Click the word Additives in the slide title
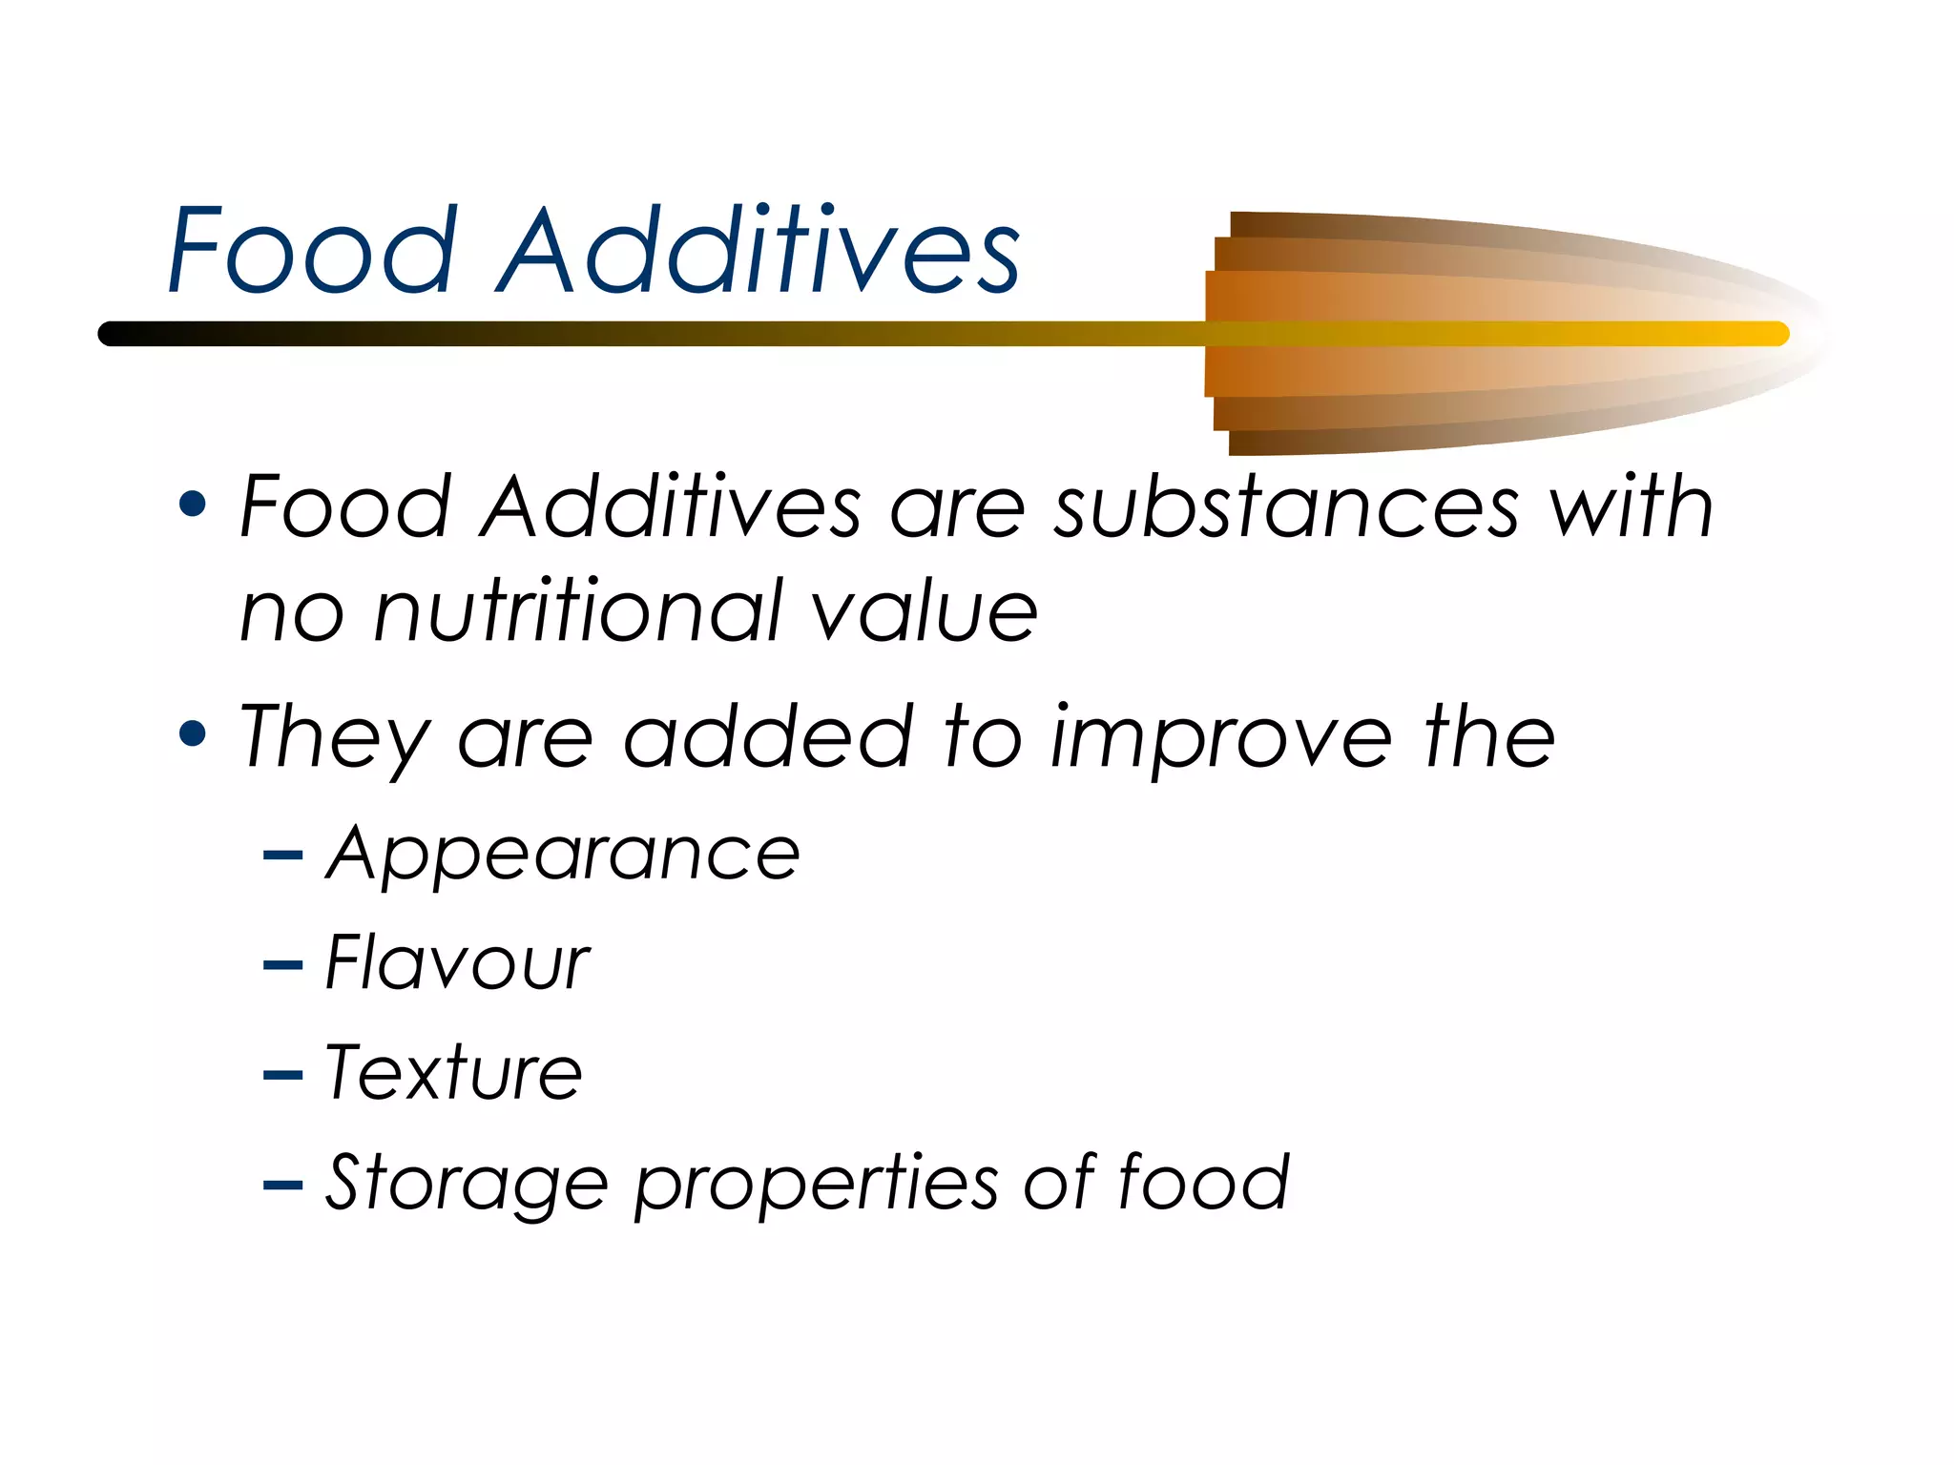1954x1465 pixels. click(x=759, y=251)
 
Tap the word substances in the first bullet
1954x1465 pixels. click(x=1285, y=507)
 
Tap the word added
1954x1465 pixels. click(x=768, y=736)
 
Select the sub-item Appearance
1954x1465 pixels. click(x=563, y=855)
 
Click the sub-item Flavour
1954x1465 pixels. click(x=457, y=963)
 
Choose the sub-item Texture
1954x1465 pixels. click(x=454, y=1073)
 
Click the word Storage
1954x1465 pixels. click(x=467, y=1184)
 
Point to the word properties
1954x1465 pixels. click(x=817, y=1184)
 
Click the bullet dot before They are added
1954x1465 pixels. click(x=193, y=733)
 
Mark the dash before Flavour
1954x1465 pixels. click(x=282, y=966)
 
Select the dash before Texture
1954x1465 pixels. click(x=282, y=1076)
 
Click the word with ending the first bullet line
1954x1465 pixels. click(x=1631, y=507)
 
